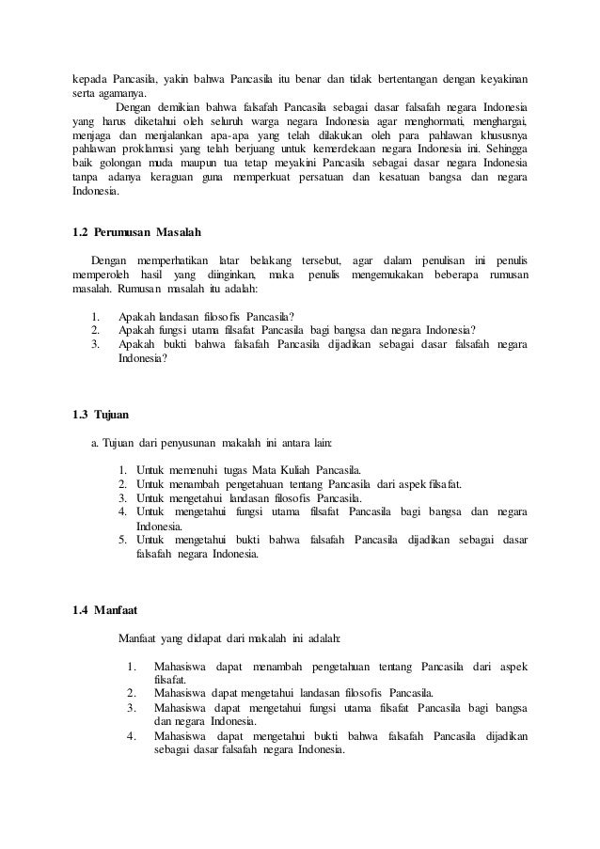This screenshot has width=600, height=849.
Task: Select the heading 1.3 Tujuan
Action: tap(102, 414)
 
